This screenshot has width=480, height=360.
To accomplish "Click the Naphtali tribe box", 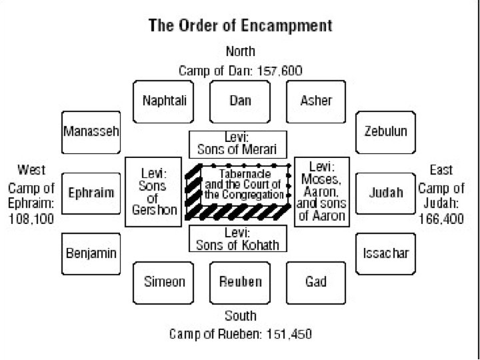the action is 164,101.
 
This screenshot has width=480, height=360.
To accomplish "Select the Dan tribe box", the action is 240,101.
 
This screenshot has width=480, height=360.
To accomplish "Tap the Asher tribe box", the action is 315,101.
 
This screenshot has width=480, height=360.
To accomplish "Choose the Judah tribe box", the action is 385,193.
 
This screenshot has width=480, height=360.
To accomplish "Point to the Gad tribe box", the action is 315,282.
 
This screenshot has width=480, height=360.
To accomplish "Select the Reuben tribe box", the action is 240,282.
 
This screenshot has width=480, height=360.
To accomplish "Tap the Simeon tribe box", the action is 164,282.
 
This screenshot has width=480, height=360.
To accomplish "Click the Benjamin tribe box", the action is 91,253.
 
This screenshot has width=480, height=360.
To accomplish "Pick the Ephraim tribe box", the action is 91,193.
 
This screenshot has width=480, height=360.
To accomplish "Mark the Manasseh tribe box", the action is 91,131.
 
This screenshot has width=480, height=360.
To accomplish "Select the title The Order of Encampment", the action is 240,27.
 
